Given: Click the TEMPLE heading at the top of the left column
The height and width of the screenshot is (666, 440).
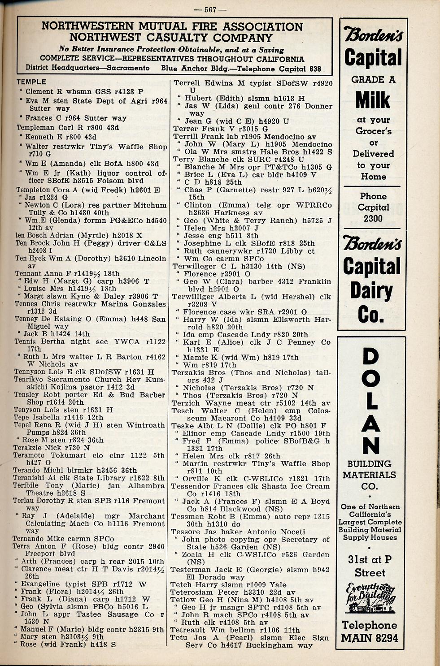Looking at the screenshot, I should [x=31, y=82].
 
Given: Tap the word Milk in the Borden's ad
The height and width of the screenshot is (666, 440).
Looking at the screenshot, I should [x=373, y=100].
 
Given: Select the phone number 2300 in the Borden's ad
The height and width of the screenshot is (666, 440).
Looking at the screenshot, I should [x=373, y=219].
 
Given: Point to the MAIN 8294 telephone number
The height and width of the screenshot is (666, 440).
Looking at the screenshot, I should [x=370, y=638].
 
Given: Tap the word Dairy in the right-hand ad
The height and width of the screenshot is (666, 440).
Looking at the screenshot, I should [x=372, y=291].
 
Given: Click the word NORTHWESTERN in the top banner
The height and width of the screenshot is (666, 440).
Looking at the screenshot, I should [x=87, y=26].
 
